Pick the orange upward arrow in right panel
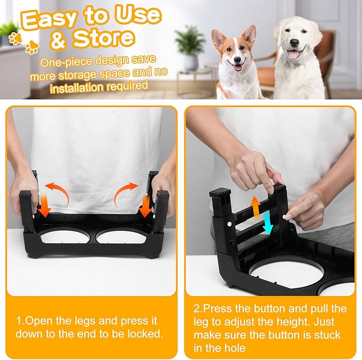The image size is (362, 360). [x=256, y=206]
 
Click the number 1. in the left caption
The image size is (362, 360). [x=20, y=321]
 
